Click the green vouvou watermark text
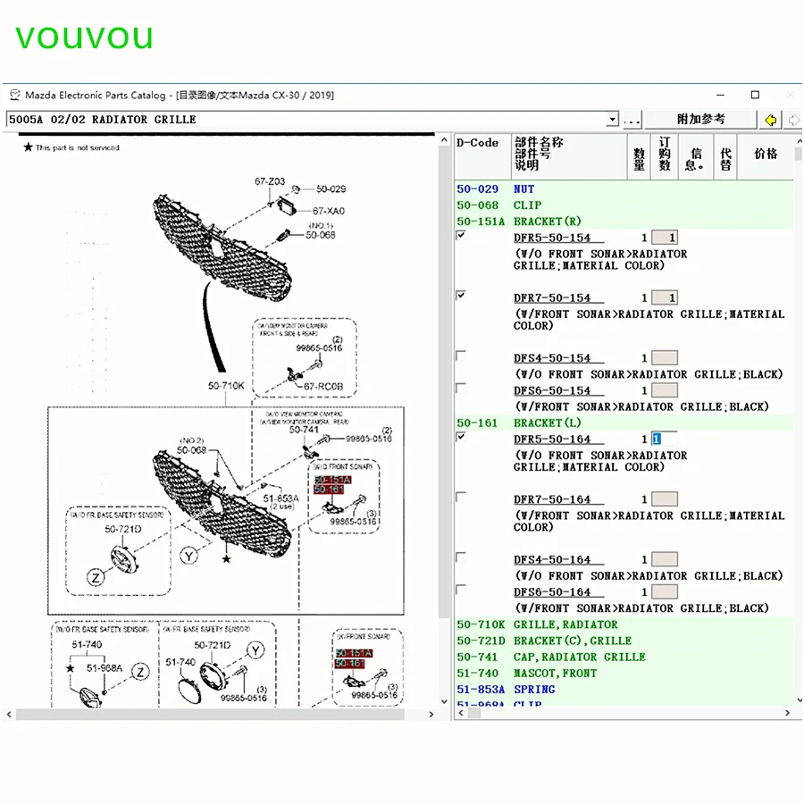[84, 37]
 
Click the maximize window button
[755, 95]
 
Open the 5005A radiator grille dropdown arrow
[612, 120]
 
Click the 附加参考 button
[700, 120]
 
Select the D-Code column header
[478, 143]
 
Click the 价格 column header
[766, 154]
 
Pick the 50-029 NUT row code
[478, 189]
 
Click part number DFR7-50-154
[552, 297]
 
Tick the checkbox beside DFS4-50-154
[461, 356]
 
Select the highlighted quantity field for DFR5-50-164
[663, 440]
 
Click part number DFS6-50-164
[552, 592]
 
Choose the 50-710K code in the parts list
[481, 624]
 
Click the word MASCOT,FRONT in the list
[555, 673]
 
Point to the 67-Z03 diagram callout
[269, 182]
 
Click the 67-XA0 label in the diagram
[328, 212]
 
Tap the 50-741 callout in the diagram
[304, 430]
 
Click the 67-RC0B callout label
[323, 386]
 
